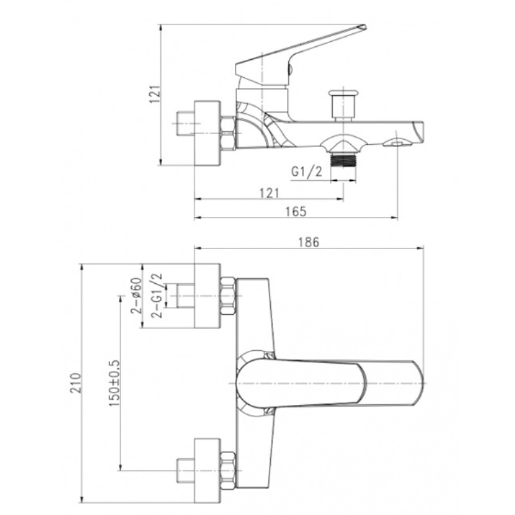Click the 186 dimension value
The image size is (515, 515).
coord(308,242)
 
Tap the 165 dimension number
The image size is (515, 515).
coord(296,211)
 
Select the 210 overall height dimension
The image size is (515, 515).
coord(75,383)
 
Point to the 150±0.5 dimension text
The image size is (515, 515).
coord(114,383)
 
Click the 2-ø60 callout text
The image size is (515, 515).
coord(136,296)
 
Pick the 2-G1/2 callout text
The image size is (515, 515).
coord(157,296)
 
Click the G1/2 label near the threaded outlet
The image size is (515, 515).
coord(306,171)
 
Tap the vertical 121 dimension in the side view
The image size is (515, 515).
coord(154,94)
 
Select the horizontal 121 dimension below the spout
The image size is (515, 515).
coord(269,193)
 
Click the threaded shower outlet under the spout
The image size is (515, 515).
coord(343,159)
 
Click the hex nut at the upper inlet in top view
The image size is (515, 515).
coord(228,296)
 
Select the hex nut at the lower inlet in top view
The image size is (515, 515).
coord(228,470)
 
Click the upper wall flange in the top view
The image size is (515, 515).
coord(207,296)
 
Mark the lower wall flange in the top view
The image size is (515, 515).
coord(207,471)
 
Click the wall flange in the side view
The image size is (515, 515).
coord(207,133)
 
